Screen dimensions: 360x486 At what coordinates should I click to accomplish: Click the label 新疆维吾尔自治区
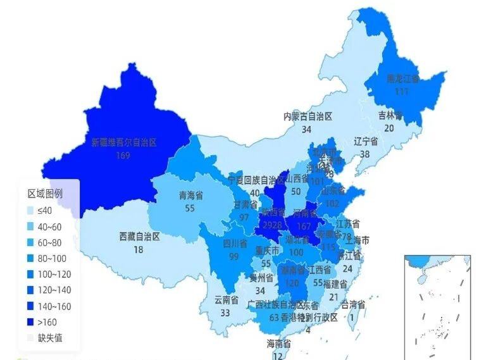tap(123, 143)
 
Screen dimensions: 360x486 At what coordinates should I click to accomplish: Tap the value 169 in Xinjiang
tap(123, 155)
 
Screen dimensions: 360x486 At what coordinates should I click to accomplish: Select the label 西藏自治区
tap(139, 237)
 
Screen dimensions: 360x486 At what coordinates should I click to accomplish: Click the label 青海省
tap(190, 196)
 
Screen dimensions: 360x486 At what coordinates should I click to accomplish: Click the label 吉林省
tap(390, 115)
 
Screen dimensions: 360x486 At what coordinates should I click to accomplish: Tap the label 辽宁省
tap(366, 142)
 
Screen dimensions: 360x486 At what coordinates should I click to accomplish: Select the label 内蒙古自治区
tap(307, 116)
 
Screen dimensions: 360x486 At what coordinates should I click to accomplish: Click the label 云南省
tap(226, 300)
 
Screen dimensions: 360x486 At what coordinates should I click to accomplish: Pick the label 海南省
tap(278, 344)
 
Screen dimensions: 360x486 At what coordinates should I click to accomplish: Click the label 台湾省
tap(353, 305)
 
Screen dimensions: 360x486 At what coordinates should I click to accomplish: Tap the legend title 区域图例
tap(44, 194)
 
